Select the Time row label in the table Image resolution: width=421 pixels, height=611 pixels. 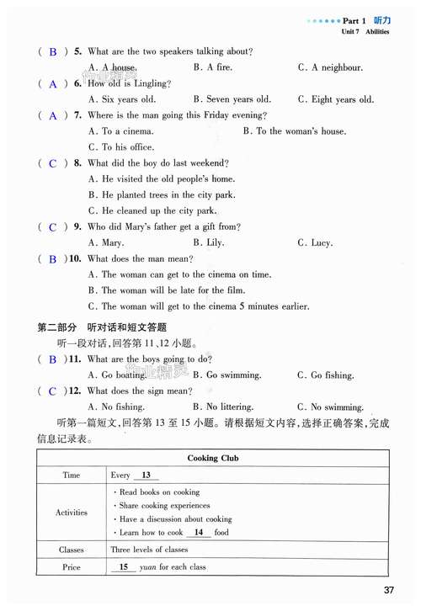[72, 476]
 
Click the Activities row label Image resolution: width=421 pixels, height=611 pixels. [72, 512]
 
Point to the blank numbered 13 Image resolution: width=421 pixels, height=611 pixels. [146, 476]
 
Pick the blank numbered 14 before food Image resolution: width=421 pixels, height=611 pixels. [198, 533]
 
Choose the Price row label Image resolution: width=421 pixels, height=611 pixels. [72, 567]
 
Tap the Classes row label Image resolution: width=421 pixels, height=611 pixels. [72, 550]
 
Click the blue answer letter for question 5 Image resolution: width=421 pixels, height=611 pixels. [53, 52]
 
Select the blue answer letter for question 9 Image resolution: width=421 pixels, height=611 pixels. [53, 227]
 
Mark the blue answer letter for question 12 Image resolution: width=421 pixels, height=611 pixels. [53, 391]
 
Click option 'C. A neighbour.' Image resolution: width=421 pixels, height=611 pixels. [330, 67]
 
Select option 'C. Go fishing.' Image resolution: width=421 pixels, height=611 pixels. [326, 375]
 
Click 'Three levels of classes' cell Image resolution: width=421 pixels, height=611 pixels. [149, 550]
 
